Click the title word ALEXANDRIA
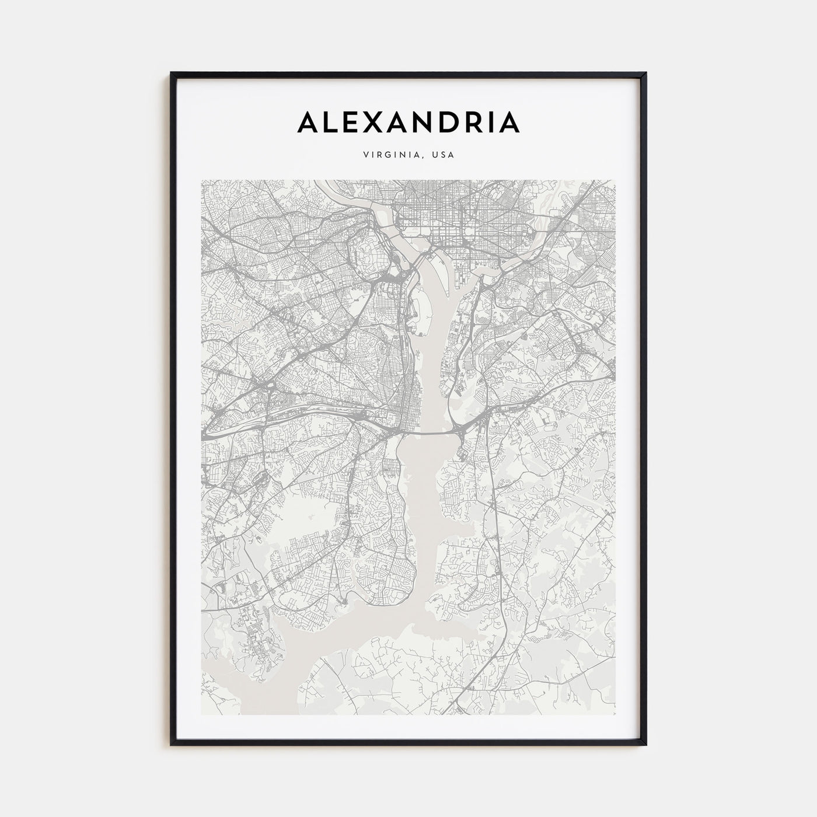[x=408, y=122]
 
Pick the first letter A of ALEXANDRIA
[x=309, y=122]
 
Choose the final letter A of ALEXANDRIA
[x=508, y=122]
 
